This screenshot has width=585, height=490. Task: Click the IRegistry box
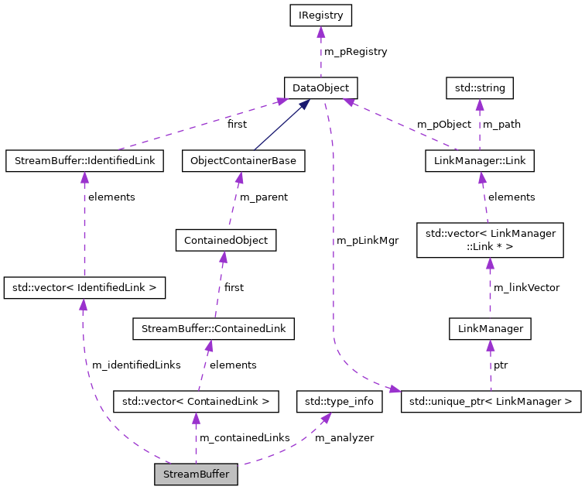tap(320, 15)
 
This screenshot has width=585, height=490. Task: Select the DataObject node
tap(320, 88)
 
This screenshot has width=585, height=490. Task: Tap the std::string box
tap(480, 88)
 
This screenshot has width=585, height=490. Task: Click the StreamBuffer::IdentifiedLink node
tap(84, 161)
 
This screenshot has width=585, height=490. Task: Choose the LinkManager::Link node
tap(480, 161)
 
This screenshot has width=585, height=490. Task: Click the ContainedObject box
tap(226, 240)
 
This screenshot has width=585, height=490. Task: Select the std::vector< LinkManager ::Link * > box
tap(490, 240)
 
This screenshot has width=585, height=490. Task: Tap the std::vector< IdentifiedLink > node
tap(84, 288)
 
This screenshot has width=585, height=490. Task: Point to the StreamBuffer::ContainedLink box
tap(213, 329)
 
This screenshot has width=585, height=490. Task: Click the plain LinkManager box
tap(491, 329)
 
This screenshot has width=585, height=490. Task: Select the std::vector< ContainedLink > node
tap(196, 402)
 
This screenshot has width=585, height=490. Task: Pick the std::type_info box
tap(340, 402)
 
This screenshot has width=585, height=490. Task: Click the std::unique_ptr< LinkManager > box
tap(491, 402)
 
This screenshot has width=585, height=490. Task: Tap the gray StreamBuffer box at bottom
tap(196, 475)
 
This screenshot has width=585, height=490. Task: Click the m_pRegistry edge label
tap(355, 52)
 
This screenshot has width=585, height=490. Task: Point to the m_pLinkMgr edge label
tap(368, 241)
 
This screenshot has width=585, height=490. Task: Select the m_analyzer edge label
tap(344, 438)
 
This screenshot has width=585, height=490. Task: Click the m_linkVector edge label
tap(526, 288)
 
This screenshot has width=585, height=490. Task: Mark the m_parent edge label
tap(264, 197)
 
